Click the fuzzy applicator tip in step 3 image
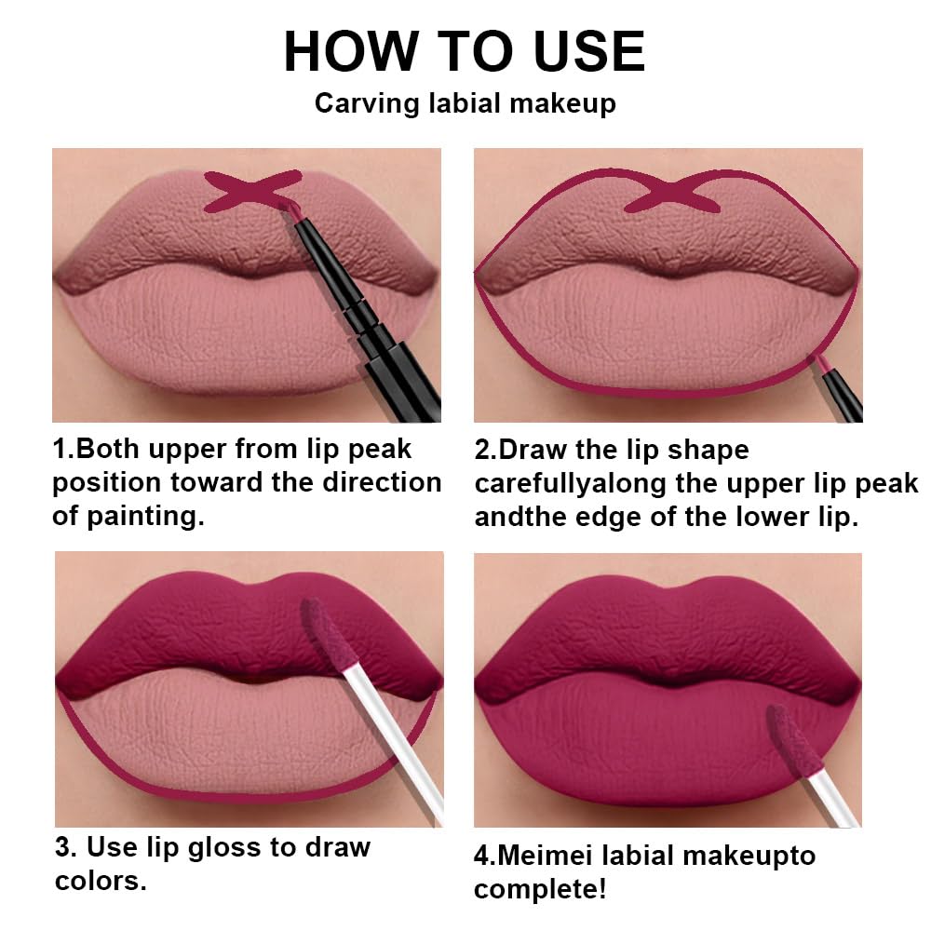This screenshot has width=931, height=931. click(326, 633)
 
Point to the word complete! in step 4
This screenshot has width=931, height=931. click(540, 888)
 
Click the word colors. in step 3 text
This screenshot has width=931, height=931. click(100, 881)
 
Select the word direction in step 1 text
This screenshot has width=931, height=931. click(382, 483)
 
